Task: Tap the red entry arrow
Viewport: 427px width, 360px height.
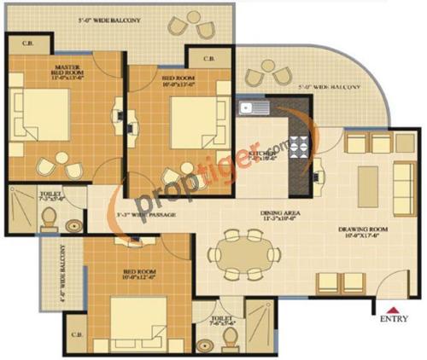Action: [392, 310]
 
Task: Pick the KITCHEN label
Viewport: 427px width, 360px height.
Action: [260, 154]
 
